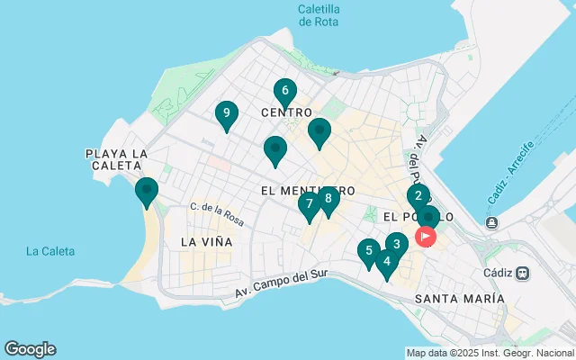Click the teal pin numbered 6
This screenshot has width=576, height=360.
[284, 92]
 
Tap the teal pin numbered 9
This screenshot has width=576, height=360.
[227, 114]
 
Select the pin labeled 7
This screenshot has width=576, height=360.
[309, 205]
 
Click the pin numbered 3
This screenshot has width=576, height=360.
[397, 244]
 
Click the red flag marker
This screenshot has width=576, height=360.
[425, 237]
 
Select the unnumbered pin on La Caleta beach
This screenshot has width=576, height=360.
[146, 192]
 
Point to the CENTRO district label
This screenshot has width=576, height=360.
[286, 112]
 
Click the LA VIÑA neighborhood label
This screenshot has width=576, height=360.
[206, 242]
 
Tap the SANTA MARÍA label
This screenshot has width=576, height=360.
[460, 298]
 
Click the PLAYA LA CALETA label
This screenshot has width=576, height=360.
[116, 160]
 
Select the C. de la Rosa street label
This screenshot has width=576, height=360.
[217, 212]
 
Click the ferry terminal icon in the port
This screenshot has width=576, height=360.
[491, 222]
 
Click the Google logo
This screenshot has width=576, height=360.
[30, 349]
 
